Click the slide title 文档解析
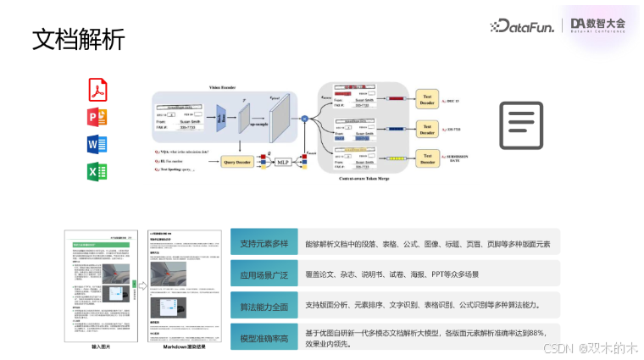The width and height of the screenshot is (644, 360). (x=78, y=39)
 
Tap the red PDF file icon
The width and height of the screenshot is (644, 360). (x=97, y=88)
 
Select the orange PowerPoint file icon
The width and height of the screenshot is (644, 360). (x=97, y=116)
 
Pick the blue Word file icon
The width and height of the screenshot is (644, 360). (x=97, y=144)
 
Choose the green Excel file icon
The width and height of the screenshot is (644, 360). (x=97, y=172)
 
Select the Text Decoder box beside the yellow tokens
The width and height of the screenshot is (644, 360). (x=428, y=158)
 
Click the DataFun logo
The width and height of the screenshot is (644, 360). (x=523, y=26)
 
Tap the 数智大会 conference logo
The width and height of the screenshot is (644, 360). (x=597, y=25)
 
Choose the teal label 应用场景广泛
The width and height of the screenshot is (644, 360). (x=264, y=274)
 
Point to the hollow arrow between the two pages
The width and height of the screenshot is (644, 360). (x=143, y=285)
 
